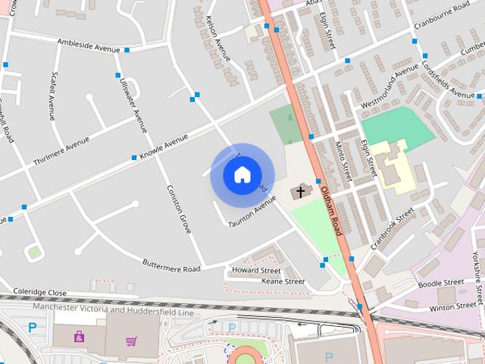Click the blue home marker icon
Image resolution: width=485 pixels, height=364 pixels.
pyautogui.click(x=242, y=175)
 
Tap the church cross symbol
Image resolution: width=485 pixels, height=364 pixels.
pyautogui.click(x=300, y=193)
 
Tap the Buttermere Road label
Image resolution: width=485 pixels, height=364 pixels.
pyautogui.click(x=172, y=265)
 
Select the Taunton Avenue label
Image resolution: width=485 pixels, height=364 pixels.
pyautogui.click(x=252, y=212)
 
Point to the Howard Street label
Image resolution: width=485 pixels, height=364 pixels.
pyautogui.click(x=256, y=271)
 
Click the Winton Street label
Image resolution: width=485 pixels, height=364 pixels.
pyautogui.click(x=452, y=307)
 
